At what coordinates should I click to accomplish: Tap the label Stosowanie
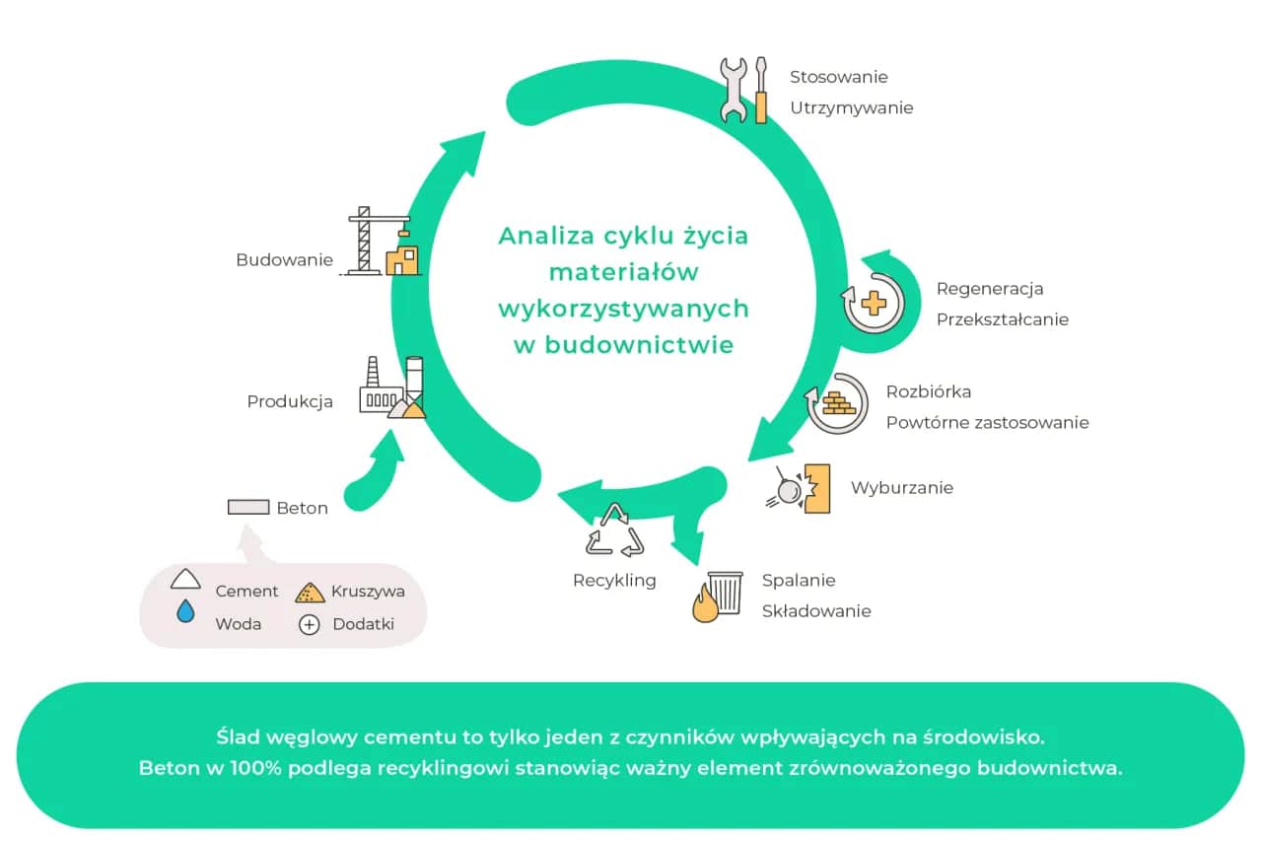(x=838, y=77)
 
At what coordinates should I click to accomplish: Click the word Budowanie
(x=284, y=260)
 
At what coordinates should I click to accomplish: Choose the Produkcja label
(x=289, y=402)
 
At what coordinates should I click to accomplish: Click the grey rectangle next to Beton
(x=248, y=507)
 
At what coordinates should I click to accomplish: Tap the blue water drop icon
(x=185, y=612)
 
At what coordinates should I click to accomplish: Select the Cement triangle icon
(x=185, y=580)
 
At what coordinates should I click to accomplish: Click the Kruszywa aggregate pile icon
(x=310, y=592)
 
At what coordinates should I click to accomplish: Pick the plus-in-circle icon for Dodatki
(x=309, y=624)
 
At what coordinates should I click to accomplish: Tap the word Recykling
(x=614, y=581)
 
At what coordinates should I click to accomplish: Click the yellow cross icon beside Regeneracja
(x=874, y=302)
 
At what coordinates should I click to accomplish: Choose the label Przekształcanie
(x=1002, y=319)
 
